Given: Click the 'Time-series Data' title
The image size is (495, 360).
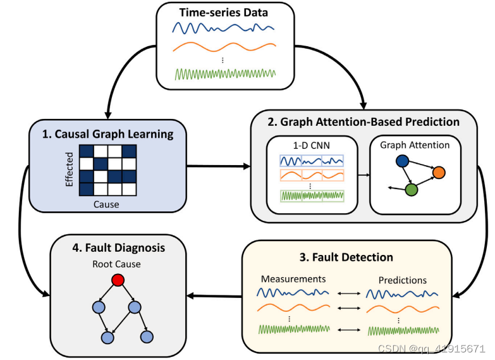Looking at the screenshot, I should (x=224, y=13).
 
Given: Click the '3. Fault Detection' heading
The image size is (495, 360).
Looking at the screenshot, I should (x=346, y=257).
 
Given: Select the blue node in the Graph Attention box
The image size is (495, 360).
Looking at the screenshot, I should (x=401, y=162).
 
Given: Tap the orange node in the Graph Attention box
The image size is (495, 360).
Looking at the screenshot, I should (x=439, y=171).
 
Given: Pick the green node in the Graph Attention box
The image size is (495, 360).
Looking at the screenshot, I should (x=412, y=189).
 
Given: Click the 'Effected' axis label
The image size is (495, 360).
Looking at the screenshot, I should (x=70, y=170).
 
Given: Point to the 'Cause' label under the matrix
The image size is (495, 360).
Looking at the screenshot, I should (x=106, y=204).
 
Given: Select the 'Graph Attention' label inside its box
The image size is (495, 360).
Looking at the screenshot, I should (x=415, y=145).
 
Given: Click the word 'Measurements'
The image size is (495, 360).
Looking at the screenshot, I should (x=294, y=279).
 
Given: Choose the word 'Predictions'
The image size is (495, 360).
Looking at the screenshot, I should (x=403, y=280).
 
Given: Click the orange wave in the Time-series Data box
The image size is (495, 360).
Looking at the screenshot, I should (x=224, y=49).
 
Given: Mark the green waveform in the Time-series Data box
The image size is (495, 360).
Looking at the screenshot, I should (x=224, y=73).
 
